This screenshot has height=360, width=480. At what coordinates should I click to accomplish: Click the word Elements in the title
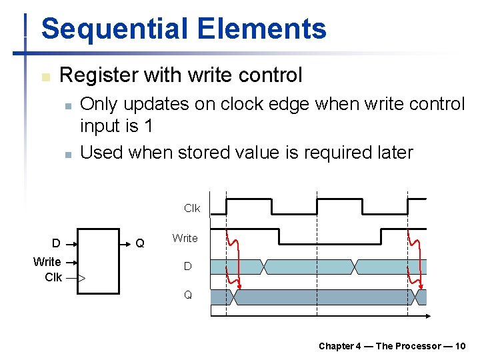[262, 29]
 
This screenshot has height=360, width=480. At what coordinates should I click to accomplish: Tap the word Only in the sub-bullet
[98, 104]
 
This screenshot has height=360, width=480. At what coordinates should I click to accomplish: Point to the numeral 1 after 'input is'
[148, 125]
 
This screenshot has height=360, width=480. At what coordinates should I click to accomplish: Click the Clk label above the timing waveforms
[192, 209]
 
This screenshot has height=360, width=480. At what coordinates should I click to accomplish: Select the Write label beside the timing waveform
[185, 238]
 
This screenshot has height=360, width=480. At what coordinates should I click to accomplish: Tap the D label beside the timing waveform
[188, 267]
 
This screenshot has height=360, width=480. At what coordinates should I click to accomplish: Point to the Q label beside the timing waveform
[188, 295]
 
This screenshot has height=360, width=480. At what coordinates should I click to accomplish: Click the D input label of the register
[57, 243]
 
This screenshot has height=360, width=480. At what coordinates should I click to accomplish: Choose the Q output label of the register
[139, 243]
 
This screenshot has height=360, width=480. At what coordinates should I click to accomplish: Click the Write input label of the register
[47, 262]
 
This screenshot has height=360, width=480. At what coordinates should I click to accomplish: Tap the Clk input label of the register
[53, 277]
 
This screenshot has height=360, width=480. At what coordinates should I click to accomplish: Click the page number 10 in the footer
[460, 346]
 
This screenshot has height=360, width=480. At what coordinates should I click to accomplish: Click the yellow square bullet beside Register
[45, 77]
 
